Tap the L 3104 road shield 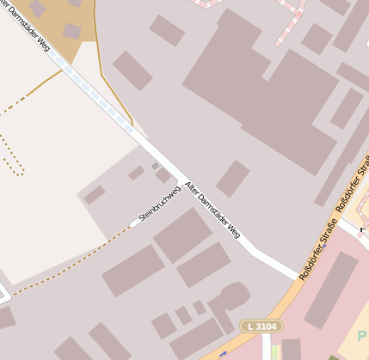[261, 326]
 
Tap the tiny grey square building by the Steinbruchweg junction [155, 166]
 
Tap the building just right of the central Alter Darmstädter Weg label [232, 178]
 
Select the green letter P [362, 339]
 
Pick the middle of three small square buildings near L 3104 [183, 315]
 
